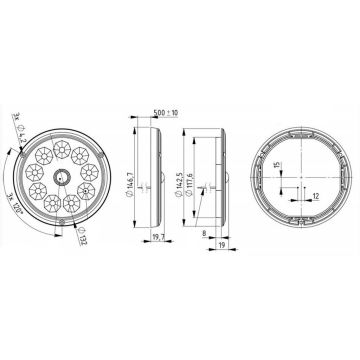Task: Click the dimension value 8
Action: click(205, 231)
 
